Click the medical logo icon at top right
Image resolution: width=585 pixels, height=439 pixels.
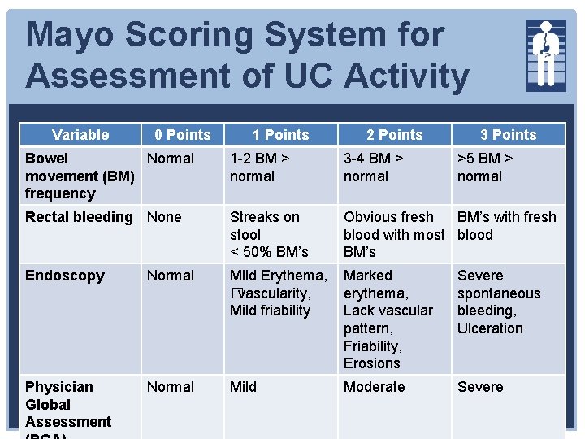point(546,54)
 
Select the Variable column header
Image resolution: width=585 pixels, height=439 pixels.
point(80,135)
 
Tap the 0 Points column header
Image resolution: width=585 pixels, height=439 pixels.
point(183,135)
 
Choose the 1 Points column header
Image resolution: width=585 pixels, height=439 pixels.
point(280,135)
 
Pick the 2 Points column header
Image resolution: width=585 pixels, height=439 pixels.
point(394,135)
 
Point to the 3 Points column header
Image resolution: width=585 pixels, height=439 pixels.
point(508,135)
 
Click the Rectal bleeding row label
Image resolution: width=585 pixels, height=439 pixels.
point(79,217)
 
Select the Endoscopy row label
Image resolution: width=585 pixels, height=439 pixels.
point(65,276)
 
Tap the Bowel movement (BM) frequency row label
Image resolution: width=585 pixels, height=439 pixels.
point(80,176)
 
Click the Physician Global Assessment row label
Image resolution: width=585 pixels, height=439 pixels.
point(68,404)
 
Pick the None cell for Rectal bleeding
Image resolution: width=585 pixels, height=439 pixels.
point(164,217)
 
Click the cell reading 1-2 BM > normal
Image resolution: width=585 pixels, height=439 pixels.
point(260,167)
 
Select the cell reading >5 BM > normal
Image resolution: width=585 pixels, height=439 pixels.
point(485,167)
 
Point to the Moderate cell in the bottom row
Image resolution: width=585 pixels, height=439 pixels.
point(374,387)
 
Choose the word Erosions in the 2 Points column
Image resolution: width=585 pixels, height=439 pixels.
point(371,363)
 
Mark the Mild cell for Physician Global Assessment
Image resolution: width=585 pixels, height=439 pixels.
point(243,387)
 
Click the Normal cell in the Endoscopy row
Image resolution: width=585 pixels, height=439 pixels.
point(170,276)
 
